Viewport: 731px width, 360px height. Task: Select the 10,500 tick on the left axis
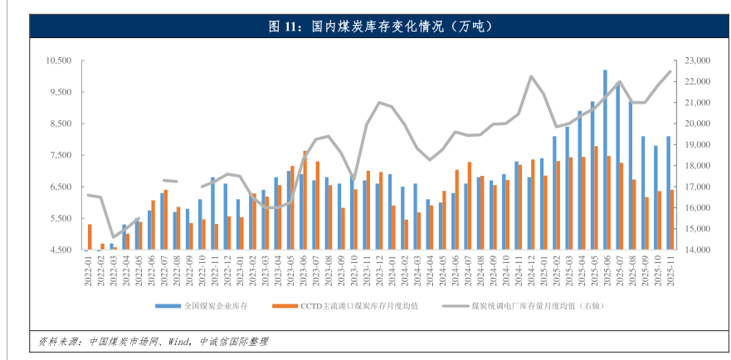click(62, 61)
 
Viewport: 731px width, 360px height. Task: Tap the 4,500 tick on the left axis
click(65, 250)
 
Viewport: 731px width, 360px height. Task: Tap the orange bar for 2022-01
click(90, 236)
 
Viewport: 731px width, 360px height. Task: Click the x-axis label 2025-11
click(669, 270)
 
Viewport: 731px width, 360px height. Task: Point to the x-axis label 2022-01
click(87, 270)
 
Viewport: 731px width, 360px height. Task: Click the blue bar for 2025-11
click(668, 192)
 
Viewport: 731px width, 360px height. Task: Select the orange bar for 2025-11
click(672, 220)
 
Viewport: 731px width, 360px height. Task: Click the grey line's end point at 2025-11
click(670, 71)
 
